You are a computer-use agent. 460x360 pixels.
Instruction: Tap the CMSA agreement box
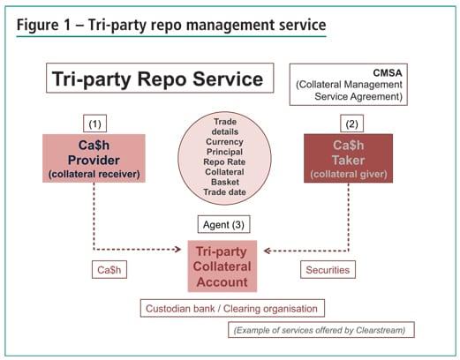click(350, 82)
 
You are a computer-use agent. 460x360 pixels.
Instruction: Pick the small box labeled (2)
click(351, 123)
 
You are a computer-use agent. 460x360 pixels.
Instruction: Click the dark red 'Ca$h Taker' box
click(351, 159)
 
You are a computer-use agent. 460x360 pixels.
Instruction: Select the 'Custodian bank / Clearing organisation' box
click(233, 308)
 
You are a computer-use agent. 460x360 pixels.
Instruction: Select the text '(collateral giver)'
click(351, 175)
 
